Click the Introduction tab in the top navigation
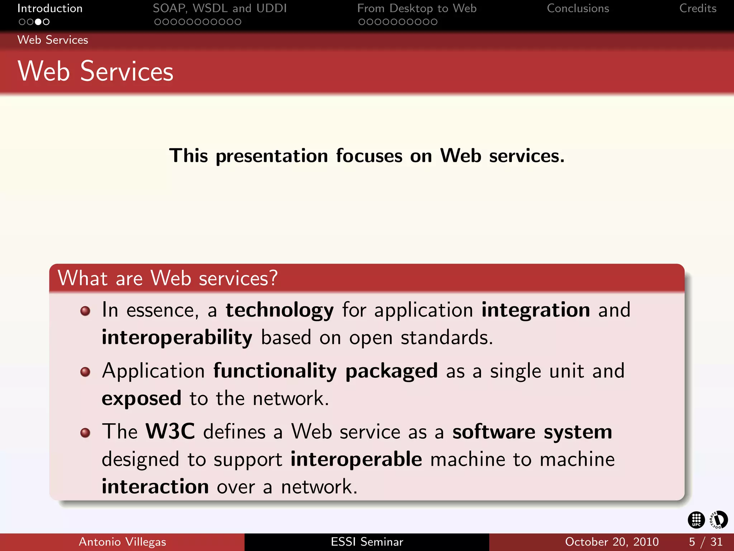[x=50, y=8]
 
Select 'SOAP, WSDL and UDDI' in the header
[x=220, y=8]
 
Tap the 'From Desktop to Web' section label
[x=417, y=8]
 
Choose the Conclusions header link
[x=578, y=8]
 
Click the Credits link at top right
[x=697, y=8]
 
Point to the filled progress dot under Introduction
[x=38, y=22]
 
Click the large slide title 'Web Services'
[x=95, y=71]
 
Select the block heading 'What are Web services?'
[x=168, y=278]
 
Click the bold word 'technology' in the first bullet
[x=280, y=310]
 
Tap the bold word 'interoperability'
[x=177, y=338]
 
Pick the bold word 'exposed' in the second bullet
[x=142, y=399]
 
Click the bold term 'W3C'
[x=170, y=432]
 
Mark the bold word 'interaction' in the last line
[x=155, y=487]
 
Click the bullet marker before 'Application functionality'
[x=85, y=372]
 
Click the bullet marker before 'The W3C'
[x=85, y=433]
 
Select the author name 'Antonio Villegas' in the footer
[x=122, y=542]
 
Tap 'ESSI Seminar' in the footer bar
[x=367, y=542]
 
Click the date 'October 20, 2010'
[x=612, y=542]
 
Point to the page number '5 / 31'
[x=705, y=542]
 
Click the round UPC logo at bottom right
[x=696, y=520]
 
